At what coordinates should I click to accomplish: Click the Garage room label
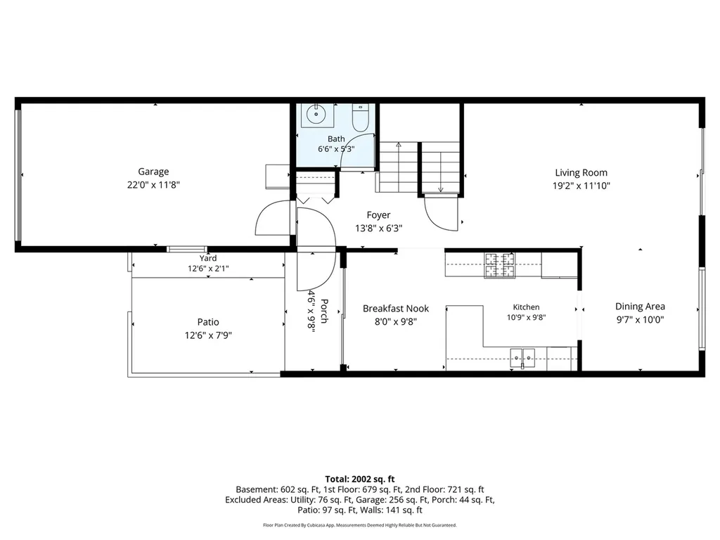(153, 172)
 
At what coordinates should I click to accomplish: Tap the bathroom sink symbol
(317, 115)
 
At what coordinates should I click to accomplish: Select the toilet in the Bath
(361, 117)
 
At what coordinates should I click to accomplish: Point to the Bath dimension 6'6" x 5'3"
(336, 149)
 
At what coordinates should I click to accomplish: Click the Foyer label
(378, 215)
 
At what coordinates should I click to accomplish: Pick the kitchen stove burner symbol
(500, 265)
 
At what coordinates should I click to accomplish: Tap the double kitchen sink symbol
(522, 358)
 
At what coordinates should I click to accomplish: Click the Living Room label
(581, 173)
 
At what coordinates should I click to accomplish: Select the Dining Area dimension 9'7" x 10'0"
(640, 320)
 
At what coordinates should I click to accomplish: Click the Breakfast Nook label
(396, 309)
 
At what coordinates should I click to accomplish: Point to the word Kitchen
(526, 307)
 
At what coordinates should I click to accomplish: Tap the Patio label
(208, 322)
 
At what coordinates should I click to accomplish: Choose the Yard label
(208, 259)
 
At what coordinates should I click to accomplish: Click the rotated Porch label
(323, 311)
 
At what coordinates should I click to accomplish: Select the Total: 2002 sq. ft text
(360, 480)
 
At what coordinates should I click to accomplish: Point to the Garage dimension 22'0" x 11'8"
(153, 185)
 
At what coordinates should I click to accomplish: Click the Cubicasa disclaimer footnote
(360, 525)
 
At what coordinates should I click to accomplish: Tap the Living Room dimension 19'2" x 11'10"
(581, 186)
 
